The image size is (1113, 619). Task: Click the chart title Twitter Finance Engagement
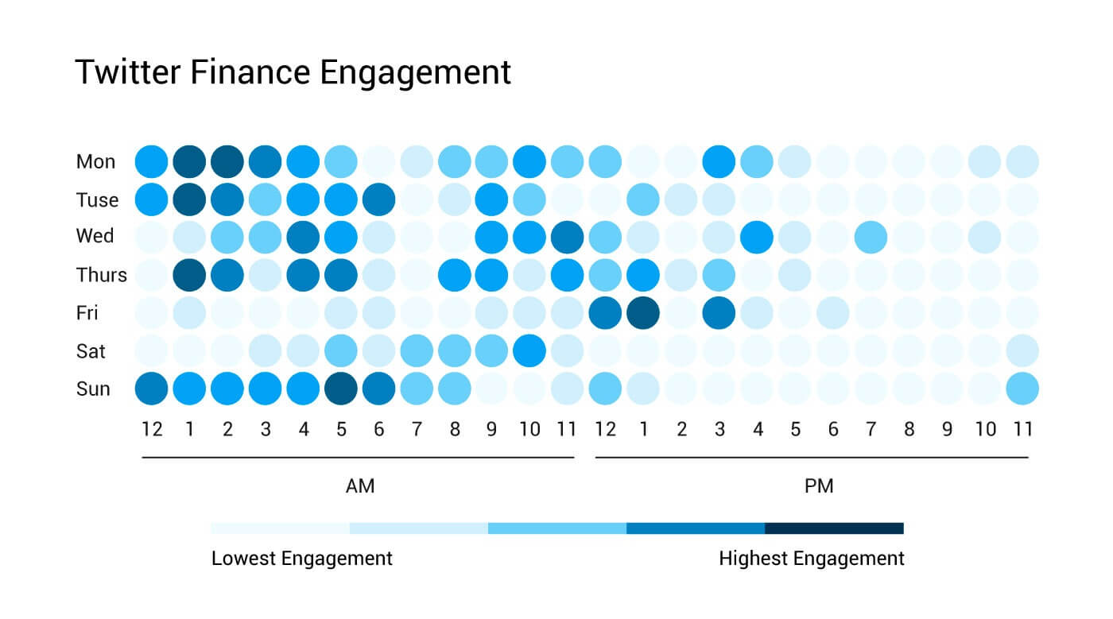click(x=293, y=72)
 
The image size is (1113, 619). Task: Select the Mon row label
click(x=95, y=162)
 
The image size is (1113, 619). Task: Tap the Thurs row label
click(x=101, y=275)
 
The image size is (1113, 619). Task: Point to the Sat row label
click(x=91, y=351)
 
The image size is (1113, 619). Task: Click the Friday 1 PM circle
click(x=644, y=313)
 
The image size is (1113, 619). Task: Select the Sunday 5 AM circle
click(x=341, y=389)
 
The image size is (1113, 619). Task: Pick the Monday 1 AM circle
click(x=189, y=161)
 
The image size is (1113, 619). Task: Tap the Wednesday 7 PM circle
click(x=871, y=238)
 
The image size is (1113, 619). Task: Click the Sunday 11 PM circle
click(x=1022, y=389)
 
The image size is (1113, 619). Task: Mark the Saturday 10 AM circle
click(x=529, y=351)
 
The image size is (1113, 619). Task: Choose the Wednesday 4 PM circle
click(x=758, y=238)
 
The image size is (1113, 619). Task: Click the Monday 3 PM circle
click(x=719, y=161)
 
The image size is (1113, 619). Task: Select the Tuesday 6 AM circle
click(x=378, y=199)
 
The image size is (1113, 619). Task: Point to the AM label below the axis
click(x=360, y=486)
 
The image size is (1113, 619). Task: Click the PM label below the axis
click(x=819, y=486)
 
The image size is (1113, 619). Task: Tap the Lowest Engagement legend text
click(x=301, y=559)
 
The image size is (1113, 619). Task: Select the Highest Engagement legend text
click(x=811, y=559)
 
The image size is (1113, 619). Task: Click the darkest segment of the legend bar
click(x=834, y=528)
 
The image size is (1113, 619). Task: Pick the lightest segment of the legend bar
click(x=280, y=528)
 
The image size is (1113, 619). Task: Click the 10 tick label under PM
click(x=985, y=430)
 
